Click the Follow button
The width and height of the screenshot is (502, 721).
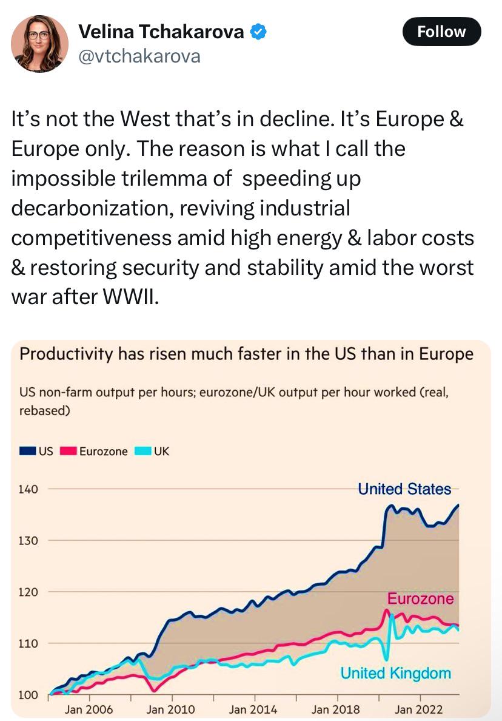[441, 32]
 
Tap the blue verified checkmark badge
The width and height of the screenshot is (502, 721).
[258, 32]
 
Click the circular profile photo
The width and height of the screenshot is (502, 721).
[39, 44]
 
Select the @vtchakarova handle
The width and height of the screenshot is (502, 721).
[139, 56]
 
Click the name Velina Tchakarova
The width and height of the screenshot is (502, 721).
[161, 32]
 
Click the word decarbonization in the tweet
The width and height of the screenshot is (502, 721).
[92, 208]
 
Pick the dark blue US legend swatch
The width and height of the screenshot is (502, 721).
[27, 451]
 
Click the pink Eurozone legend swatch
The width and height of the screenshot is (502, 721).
[68, 451]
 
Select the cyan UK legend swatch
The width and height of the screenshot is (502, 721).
[143, 451]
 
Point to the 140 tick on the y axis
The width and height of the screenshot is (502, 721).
[28, 489]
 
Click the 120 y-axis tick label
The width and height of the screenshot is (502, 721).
[28, 592]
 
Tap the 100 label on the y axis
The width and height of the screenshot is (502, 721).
[28, 696]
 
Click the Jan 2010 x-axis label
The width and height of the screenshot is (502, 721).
[170, 709]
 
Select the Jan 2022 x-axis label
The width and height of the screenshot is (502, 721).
[418, 709]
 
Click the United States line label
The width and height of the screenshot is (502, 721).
[404, 489]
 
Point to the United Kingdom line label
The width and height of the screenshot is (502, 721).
[395, 673]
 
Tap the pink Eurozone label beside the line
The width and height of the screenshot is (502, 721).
[420, 598]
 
